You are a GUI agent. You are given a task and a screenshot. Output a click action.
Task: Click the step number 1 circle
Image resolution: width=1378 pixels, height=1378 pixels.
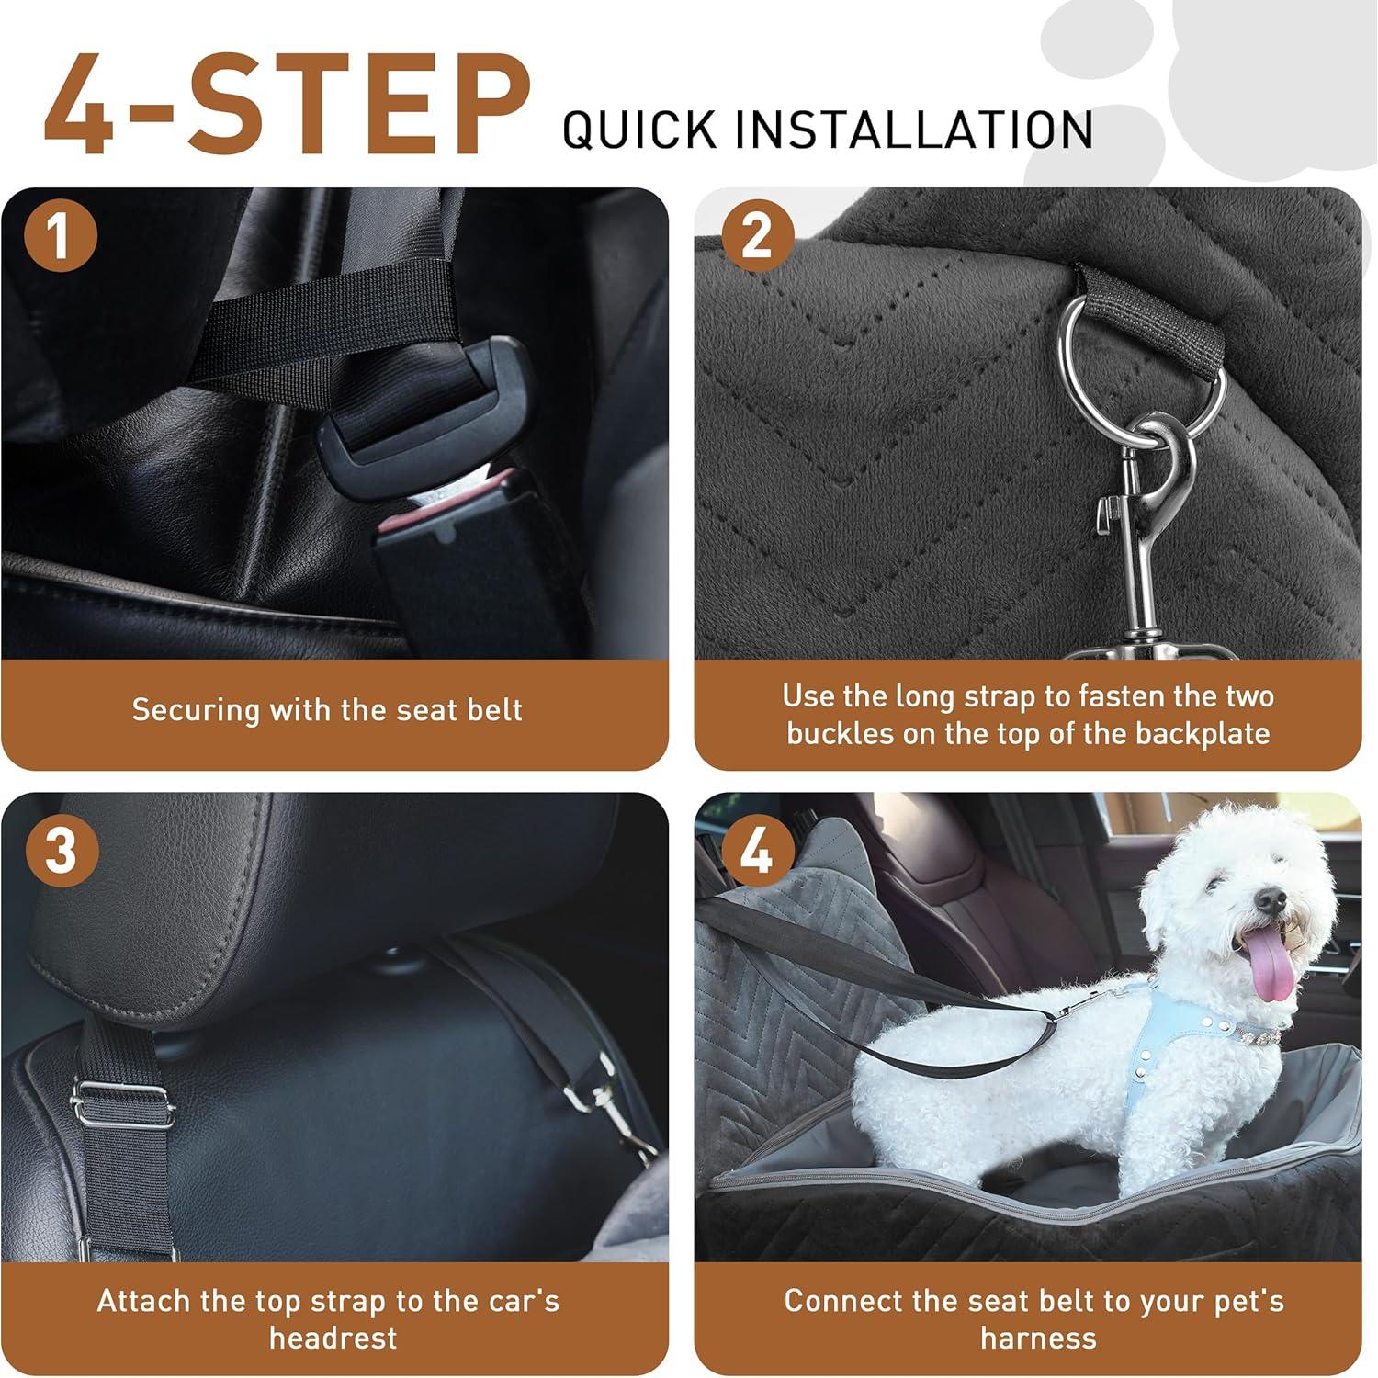click(60, 235)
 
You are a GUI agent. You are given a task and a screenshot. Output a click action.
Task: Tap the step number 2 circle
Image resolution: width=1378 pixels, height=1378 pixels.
click(757, 235)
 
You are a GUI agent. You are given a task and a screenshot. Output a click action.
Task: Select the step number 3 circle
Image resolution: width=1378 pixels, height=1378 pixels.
click(60, 850)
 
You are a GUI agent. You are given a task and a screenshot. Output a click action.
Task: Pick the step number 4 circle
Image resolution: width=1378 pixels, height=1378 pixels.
click(757, 850)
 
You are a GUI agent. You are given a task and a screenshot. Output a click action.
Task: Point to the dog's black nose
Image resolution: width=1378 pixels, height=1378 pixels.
click(1271, 899)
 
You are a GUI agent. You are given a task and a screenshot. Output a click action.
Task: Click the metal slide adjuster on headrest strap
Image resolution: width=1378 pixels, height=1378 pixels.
click(122, 1107)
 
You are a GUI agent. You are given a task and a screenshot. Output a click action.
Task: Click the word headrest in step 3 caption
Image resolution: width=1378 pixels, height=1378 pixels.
click(333, 1338)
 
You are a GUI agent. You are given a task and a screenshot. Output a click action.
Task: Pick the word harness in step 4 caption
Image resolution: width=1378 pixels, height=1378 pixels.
click(1038, 1338)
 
